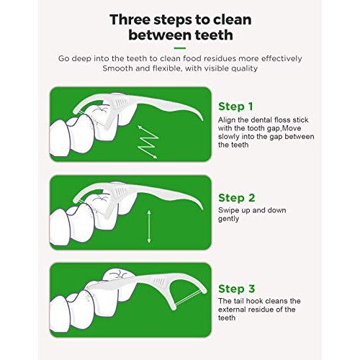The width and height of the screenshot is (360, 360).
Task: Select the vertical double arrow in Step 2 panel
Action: pyautogui.click(x=149, y=227)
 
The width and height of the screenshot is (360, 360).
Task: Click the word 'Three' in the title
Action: pyautogui.click(x=127, y=18)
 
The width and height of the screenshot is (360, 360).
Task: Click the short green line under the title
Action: pyautogui.click(x=180, y=48)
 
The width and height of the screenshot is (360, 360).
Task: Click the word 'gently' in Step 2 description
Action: pyautogui.click(x=230, y=218)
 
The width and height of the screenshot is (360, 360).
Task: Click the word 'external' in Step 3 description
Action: pyautogui.click(x=233, y=308)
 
